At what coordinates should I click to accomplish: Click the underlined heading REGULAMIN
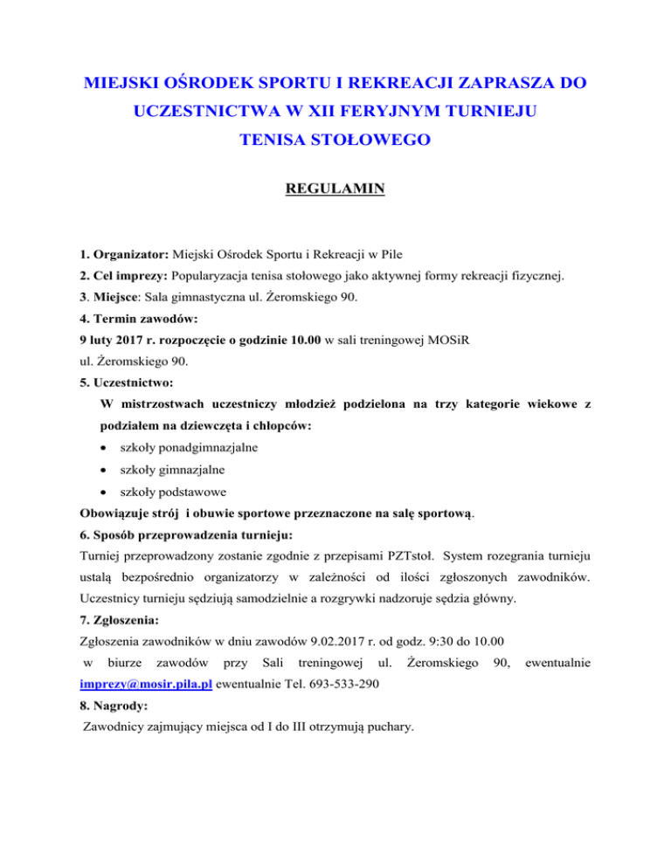point(335,210)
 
